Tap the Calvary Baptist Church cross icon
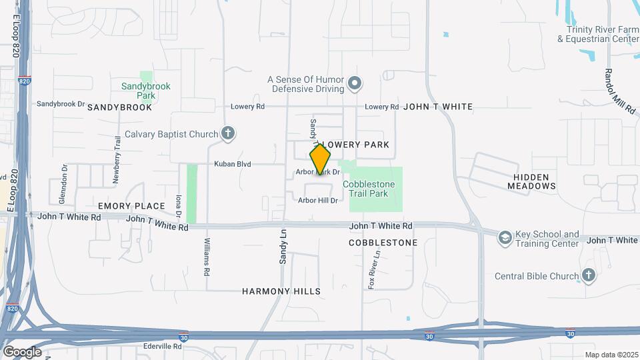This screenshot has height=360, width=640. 228,133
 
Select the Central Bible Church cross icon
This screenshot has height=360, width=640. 588,275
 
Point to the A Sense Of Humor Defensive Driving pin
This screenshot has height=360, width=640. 355,84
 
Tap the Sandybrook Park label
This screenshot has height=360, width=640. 146,90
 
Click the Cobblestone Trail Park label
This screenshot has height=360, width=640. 369,189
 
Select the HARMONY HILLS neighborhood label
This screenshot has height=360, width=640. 281,291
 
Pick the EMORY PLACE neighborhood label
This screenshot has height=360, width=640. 131,206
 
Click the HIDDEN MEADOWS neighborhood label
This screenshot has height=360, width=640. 531,181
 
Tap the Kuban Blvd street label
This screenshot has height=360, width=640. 232,163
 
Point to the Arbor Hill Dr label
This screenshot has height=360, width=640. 318,200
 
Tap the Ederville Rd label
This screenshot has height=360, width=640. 163,347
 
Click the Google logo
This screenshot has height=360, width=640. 22,352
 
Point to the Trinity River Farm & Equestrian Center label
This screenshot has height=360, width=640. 598,34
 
